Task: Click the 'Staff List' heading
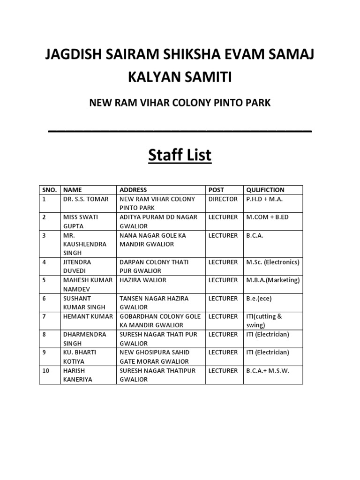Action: pyautogui.click(x=180, y=155)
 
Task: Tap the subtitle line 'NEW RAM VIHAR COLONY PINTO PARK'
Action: pyautogui.click(x=180, y=102)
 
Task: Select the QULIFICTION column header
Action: pyautogui.click(x=265, y=190)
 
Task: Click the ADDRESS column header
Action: pyautogui.click(x=133, y=190)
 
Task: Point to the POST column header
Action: pyautogui.click(x=216, y=190)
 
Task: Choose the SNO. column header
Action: pyautogui.click(x=49, y=190)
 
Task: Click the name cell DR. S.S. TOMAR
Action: pyautogui.click(x=86, y=199)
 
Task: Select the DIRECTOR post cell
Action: pyautogui.click(x=223, y=199)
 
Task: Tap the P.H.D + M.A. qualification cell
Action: pyautogui.click(x=264, y=199)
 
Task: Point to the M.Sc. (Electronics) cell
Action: pyautogui.click(x=273, y=262)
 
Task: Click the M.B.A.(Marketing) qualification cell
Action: pyautogui.click(x=273, y=280)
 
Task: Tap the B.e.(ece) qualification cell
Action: pyautogui.click(x=259, y=298)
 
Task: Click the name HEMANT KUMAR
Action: pyautogui.click(x=88, y=316)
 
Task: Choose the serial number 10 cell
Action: pyautogui.click(x=45, y=371)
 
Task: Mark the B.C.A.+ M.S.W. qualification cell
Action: pyautogui.click(x=268, y=371)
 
